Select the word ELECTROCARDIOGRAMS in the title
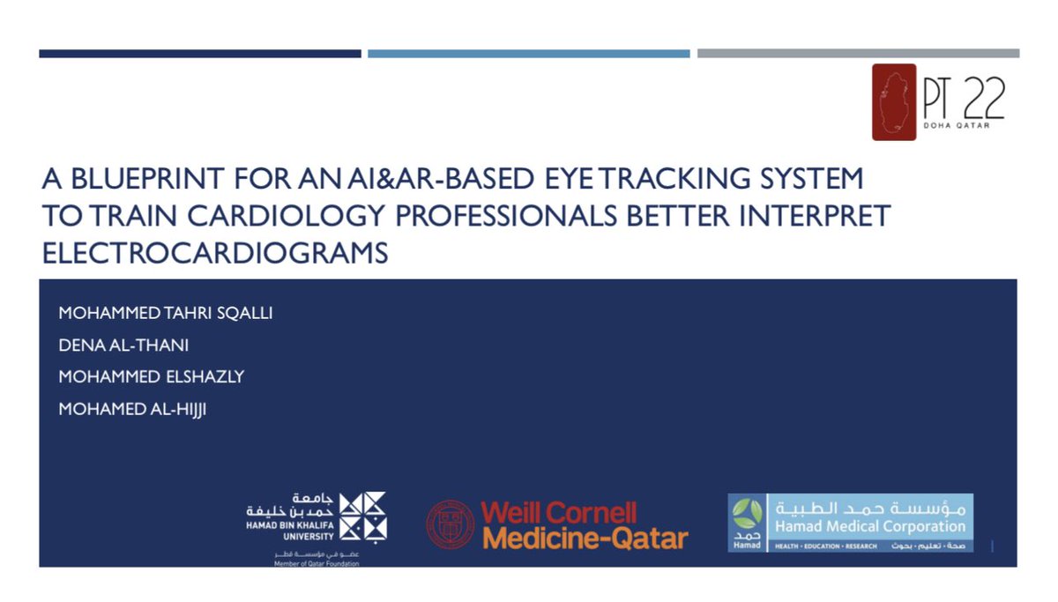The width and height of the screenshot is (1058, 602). click(x=216, y=253)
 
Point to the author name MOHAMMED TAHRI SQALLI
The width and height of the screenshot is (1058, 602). click(x=166, y=314)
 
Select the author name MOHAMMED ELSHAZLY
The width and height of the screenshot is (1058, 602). click(x=151, y=377)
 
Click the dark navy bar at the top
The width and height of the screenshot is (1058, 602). click(x=200, y=54)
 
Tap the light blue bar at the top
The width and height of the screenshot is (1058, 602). click(x=528, y=54)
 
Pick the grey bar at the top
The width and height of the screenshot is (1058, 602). click(x=857, y=54)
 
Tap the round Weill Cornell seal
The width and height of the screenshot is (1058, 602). click(x=451, y=524)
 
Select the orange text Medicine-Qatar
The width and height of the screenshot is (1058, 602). click(x=585, y=538)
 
